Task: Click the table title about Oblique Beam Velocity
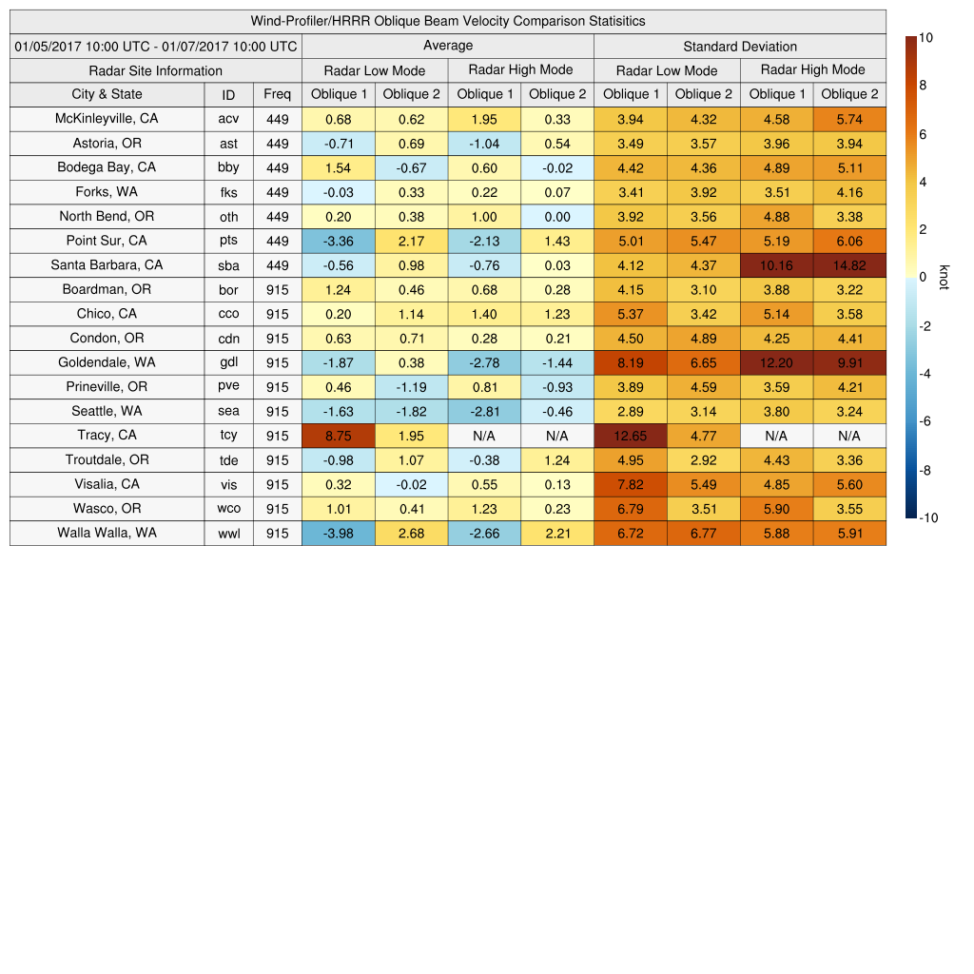pyautogui.click(x=447, y=21)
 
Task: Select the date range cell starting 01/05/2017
pyautogui.click(x=156, y=46)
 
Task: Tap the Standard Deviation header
pyautogui.click(x=740, y=47)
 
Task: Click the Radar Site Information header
pyautogui.click(x=155, y=70)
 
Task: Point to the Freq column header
pyautogui.click(x=277, y=94)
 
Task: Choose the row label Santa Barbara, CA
pyautogui.click(x=107, y=265)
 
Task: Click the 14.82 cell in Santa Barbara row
pyautogui.click(x=849, y=265)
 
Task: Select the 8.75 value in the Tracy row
pyautogui.click(x=338, y=436)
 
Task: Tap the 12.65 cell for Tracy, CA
pyautogui.click(x=630, y=436)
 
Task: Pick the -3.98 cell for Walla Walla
pyautogui.click(x=338, y=534)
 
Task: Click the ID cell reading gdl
pyautogui.click(x=228, y=362)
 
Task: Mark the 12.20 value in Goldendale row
pyautogui.click(x=776, y=362)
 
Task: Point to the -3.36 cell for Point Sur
pyautogui.click(x=338, y=241)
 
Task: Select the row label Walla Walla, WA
pyautogui.click(x=107, y=533)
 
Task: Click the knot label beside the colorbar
pyautogui.click(x=944, y=277)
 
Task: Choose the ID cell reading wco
pyautogui.click(x=228, y=509)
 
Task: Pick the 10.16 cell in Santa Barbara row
pyautogui.click(x=776, y=265)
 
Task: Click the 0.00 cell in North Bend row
pyautogui.click(x=556, y=217)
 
